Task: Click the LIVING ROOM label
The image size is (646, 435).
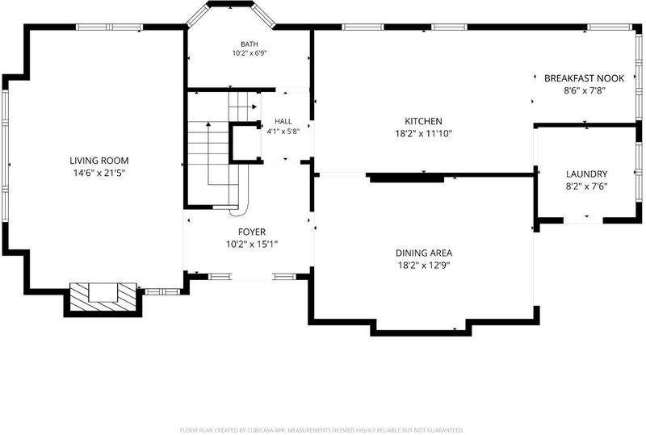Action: pyautogui.click(x=99, y=161)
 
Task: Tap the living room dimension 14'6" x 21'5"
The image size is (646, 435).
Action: pyautogui.click(x=99, y=173)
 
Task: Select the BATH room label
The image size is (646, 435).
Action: pyautogui.click(x=250, y=44)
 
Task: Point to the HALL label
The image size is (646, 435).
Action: pyautogui.click(x=283, y=121)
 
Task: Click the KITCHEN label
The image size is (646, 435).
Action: pyautogui.click(x=423, y=121)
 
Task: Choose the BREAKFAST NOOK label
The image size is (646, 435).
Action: pyautogui.click(x=584, y=78)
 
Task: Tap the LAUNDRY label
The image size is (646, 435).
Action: pyautogui.click(x=586, y=174)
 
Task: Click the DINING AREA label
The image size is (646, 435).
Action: pyautogui.click(x=423, y=253)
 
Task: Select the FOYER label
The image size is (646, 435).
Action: pyautogui.click(x=252, y=232)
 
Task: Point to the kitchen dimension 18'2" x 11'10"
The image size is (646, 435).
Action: pyautogui.click(x=423, y=133)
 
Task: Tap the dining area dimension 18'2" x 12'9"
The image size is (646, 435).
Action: pyautogui.click(x=423, y=266)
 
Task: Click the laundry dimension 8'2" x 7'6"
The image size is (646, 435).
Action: pyautogui.click(x=586, y=186)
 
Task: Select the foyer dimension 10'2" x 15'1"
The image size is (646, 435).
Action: pyautogui.click(x=252, y=245)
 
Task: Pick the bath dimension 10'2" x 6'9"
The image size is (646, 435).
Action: pyautogui.click(x=250, y=53)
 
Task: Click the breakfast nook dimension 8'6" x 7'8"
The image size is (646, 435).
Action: pyautogui.click(x=584, y=90)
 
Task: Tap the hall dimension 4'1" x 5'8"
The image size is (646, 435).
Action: pyautogui.click(x=283, y=132)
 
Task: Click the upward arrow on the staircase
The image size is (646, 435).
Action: pyautogui.click(x=208, y=153)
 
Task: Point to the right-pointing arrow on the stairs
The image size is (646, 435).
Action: pyautogui.click(x=243, y=107)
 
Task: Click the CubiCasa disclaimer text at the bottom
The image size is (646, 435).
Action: pyautogui.click(x=321, y=430)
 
